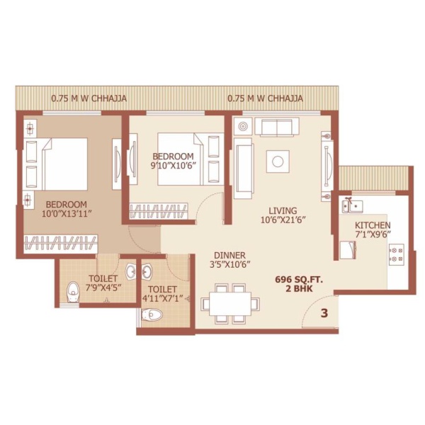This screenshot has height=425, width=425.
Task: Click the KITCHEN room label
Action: (373, 225)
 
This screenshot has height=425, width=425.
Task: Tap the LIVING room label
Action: (283, 210)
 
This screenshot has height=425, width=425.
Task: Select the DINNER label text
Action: (229, 255)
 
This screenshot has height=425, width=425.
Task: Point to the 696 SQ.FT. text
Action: (299, 280)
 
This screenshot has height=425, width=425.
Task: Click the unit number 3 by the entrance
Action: (324, 313)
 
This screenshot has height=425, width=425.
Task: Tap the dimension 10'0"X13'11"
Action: (66, 214)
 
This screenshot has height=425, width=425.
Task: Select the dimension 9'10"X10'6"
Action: (174, 166)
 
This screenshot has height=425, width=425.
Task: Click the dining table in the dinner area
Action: (230, 304)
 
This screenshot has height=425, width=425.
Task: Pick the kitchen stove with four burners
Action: (396, 255)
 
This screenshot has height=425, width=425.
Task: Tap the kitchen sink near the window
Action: (352, 206)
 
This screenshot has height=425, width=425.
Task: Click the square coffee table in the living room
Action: (278, 161)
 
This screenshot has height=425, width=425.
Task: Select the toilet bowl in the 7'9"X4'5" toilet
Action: (73, 292)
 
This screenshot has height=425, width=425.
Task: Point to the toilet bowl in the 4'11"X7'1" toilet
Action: (152, 314)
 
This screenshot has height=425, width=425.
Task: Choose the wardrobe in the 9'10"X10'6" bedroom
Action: (159, 211)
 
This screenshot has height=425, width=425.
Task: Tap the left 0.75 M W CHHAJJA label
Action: (89, 98)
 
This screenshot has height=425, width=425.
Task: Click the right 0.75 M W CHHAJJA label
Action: (265, 98)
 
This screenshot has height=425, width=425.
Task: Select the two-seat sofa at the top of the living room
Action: (277, 127)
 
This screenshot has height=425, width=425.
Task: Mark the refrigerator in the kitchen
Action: (347, 249)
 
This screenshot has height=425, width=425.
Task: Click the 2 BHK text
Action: (299, 289)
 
